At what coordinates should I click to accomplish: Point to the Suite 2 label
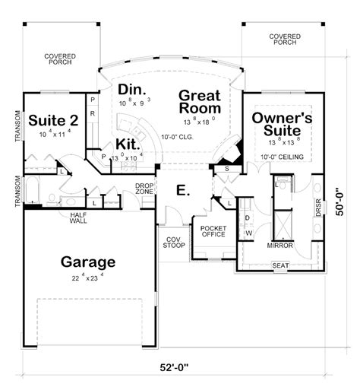(51, 120)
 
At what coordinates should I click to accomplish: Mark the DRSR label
(318, 207)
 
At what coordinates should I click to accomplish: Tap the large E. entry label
(182, 190)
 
